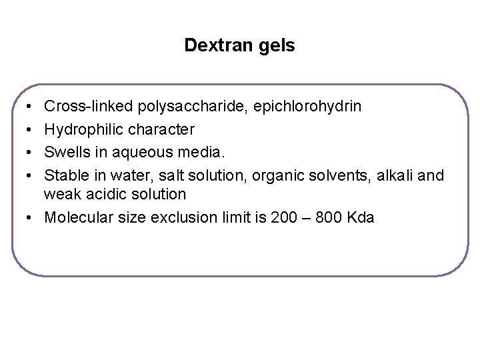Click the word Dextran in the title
[214, 46]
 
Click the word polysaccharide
[179, 106]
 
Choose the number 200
[286, 217]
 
